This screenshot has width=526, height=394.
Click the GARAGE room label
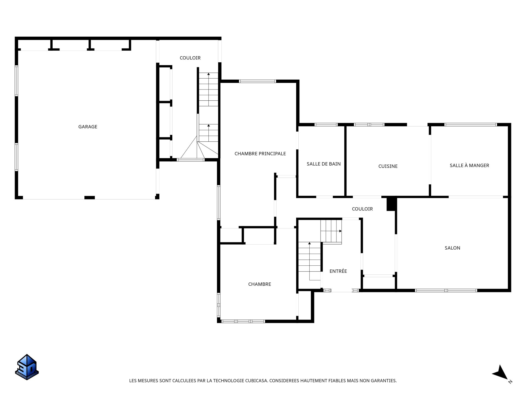tap(88, 127)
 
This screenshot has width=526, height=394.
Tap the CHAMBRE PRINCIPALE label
tap(260, 154)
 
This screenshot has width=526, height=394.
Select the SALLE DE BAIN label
tap(324, 164)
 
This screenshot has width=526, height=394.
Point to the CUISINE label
tap(388, 166)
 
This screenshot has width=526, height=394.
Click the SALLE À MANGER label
tap(469, 165)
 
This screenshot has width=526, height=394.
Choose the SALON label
tap(452, 248)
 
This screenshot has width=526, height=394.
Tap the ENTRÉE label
tap(338, 271)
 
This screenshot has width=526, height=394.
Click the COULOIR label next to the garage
tap(190, 58)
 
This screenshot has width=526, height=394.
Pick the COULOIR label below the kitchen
tap(362, 209)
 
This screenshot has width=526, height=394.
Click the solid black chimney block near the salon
tap(391, 204)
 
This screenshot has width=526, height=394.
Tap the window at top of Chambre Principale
tap(258, 81)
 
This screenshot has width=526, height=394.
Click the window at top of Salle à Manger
tap(471, 124)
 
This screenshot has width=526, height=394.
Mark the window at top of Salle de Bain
tap(326, 124)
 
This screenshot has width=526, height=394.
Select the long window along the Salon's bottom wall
tap(446, 290)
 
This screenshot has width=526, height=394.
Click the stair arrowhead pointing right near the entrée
tap(341, 231)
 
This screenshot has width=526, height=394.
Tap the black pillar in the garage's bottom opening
tap(90, 198)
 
